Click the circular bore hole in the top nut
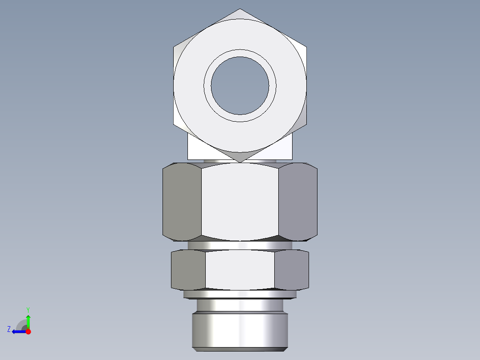240,85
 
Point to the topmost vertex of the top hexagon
240,9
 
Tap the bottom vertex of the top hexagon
240,161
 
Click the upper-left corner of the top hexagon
174,46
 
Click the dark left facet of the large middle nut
182,202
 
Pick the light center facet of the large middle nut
240,202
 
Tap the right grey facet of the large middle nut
298,202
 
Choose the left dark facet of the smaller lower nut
188,270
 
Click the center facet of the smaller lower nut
240,270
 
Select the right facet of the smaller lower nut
292,270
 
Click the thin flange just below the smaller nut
240,294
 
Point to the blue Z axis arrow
17,331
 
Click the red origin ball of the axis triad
28,331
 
